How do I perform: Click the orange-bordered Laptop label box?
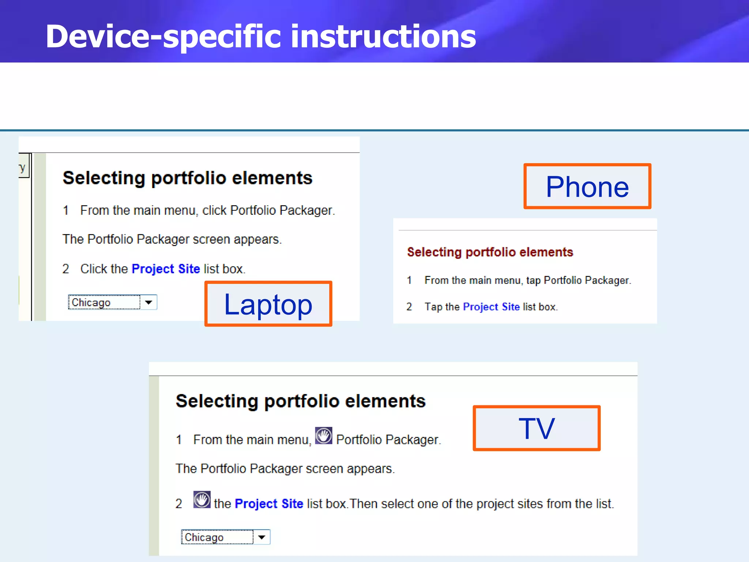coord(268,304)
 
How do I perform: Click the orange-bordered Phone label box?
coord(587,187)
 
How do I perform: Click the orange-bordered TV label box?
coord(537,428)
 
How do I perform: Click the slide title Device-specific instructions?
coord(260,36)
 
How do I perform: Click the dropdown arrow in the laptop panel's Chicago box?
coord(148,302)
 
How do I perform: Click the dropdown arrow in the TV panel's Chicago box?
coord(261,537)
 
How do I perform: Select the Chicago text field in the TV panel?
coord(217,537)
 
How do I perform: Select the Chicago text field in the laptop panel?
coord(103,302)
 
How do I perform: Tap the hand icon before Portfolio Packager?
coord(324,436)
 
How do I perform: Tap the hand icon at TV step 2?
coord(202,500)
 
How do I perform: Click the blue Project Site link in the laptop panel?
coord(165,269)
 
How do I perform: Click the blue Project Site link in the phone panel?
coord(491,307)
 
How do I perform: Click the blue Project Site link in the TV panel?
coord(269,504)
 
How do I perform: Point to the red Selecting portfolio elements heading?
coord(490,252)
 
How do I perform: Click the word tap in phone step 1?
coord(533,281)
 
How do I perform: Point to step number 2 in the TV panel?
coord(178,504)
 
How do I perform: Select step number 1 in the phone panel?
coord(409,280)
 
